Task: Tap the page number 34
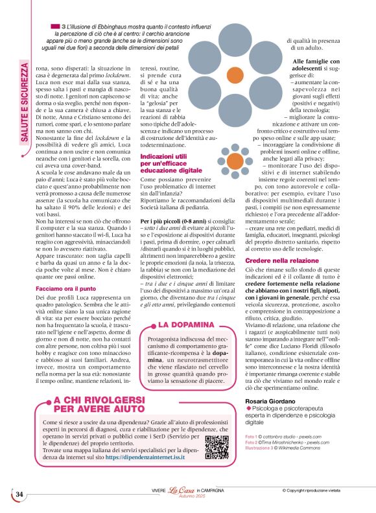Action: coord(19,494)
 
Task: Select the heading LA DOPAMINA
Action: coord(186,324)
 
